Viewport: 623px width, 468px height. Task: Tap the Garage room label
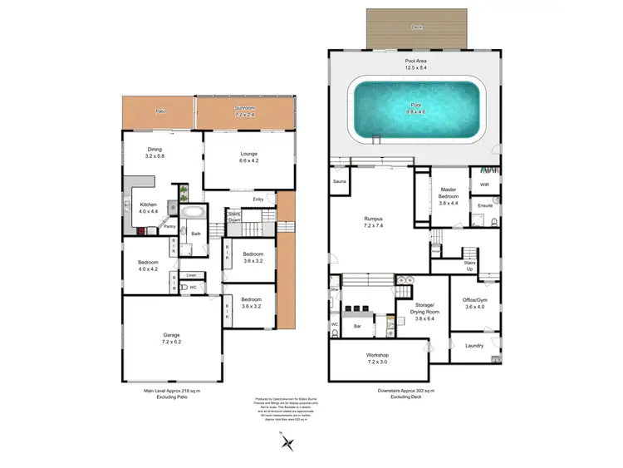pos(171,336)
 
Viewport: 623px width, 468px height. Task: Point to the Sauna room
pos(339,181)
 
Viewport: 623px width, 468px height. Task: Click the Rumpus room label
pos(373,219)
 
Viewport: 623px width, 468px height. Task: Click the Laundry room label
pos(474,346)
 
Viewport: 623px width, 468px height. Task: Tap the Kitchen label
pos(148,204)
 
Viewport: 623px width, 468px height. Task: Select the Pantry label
pos(169,226)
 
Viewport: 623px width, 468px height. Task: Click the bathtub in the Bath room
pos(194,212)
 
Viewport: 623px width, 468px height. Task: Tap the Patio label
pos(159,111)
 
